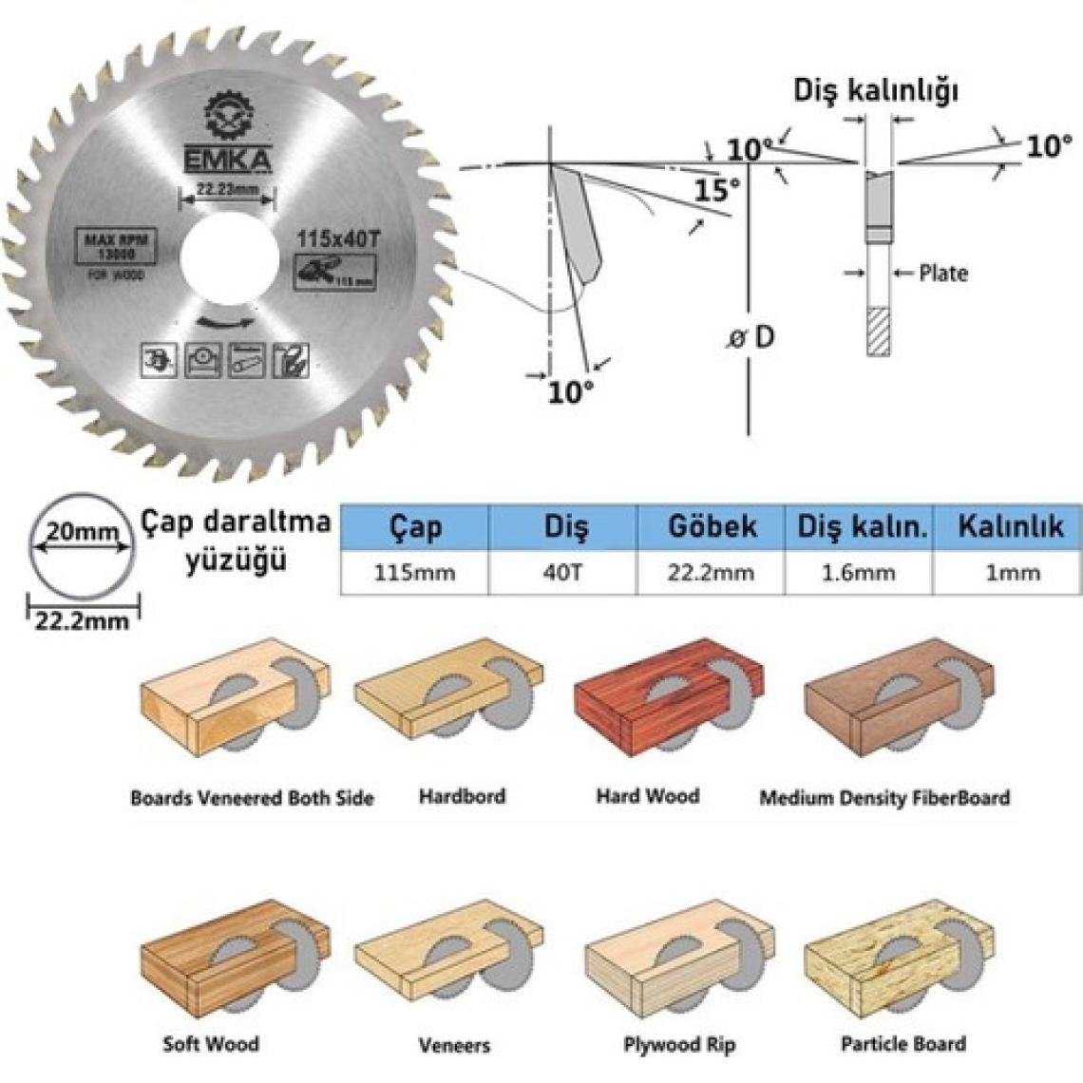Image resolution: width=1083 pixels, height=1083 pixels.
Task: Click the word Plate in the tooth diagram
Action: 942,274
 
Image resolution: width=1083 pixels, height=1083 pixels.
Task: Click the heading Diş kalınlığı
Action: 876,91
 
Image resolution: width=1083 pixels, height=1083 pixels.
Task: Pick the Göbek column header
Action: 712,526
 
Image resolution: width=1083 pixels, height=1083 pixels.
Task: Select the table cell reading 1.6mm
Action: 859,573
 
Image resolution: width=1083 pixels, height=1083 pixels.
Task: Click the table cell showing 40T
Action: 562,573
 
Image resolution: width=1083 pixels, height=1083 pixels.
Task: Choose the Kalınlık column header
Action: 1010,526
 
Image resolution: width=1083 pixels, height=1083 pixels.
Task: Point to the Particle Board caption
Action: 902,1044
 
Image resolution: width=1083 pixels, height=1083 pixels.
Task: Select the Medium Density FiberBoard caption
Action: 883,798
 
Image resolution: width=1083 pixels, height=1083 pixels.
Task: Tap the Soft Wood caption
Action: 211,1044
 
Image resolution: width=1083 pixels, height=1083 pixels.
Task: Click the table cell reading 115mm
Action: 415,573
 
